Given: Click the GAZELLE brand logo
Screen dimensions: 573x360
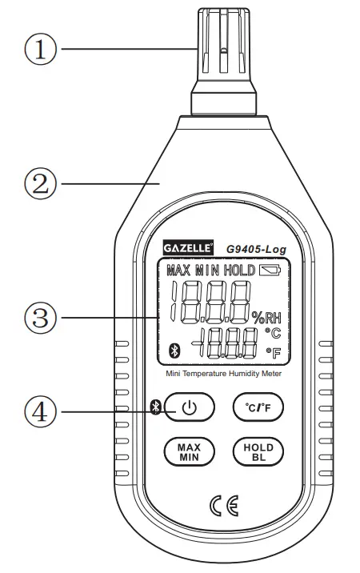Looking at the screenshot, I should pyautogui.click(x=188, y=248).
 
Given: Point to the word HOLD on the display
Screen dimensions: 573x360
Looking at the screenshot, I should pyautogui.click(x=239, y=270).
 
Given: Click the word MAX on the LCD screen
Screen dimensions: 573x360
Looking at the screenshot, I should pyautogui.click(x=180, y=270).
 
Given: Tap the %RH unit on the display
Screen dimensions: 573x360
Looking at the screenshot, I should pyautogui.click(x=268, y=315).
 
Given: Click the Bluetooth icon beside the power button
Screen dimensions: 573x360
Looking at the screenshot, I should pyautogui.click(x=158, y=407).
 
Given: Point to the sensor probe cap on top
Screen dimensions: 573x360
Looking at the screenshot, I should pyautogui.click(x=224, y=48).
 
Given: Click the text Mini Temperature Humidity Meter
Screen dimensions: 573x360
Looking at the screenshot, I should pyautogui.click(x=223, y=373).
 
